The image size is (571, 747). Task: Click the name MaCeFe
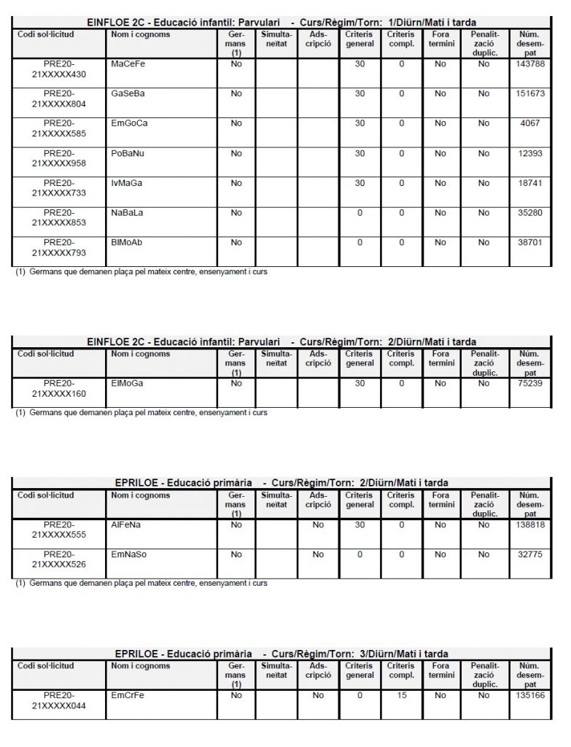pos(128,64)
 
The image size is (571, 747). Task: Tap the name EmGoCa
pos(129,123)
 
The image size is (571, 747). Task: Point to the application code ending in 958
pos(60,158)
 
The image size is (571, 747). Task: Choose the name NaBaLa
pos(127,213)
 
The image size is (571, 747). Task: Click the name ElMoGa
pos(127,383)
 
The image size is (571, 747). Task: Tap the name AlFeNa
pos(126,525)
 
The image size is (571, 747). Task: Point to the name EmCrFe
pos(128,695)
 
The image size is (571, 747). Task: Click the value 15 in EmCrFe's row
pos(401,695)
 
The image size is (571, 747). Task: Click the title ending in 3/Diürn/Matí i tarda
pos(281,654)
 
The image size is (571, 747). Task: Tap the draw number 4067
pos(530,123)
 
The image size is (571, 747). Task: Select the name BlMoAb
pos(127,243)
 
